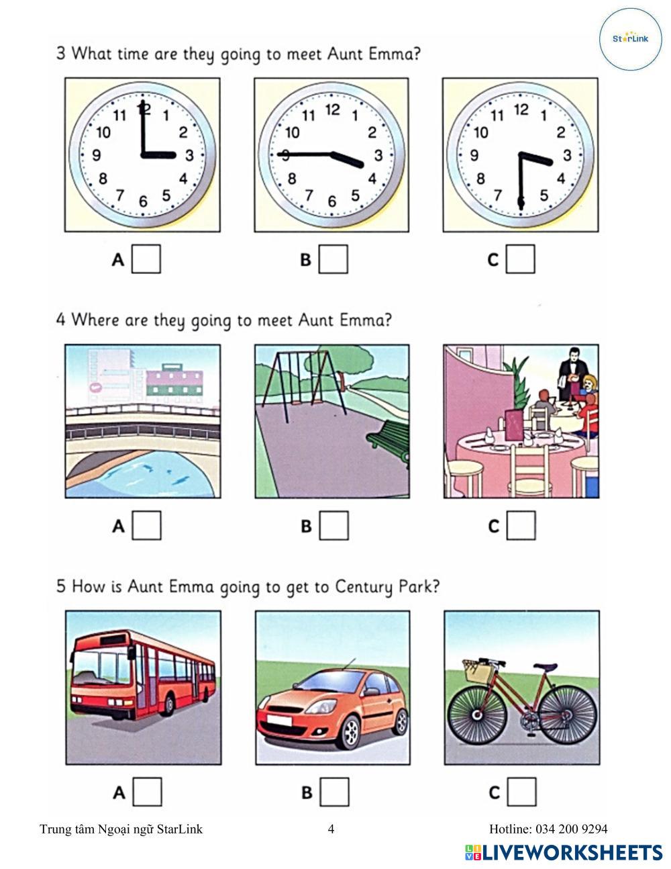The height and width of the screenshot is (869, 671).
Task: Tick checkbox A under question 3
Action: tap(146, 259)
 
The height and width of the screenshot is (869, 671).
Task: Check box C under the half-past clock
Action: tap(521, 259)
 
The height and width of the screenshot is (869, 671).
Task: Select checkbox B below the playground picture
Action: tap(334, 525)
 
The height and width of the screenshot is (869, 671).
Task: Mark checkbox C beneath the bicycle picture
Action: tap(521, 792)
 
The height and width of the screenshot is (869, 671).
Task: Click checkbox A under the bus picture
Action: tap(148, 792)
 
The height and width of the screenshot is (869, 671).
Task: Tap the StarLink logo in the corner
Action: tap(631, 39)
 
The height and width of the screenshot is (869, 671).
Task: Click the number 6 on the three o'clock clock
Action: tap(143, 201)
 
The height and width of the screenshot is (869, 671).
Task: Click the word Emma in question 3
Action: tap(394, 54)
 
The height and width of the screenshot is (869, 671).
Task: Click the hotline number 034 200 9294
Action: tap(572, 829)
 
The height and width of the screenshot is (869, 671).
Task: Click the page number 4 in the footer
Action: tap(331, 829)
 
